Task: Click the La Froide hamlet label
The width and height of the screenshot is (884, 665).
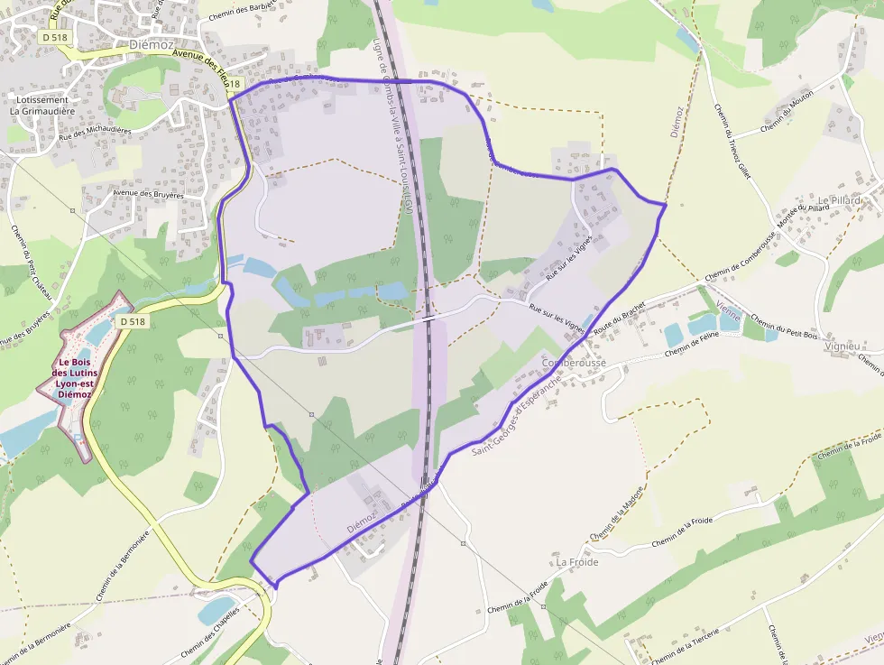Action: [577, 562]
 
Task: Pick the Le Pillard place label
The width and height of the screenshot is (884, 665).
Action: [839, 199]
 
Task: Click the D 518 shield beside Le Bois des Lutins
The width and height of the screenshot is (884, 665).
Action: [132, 321]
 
